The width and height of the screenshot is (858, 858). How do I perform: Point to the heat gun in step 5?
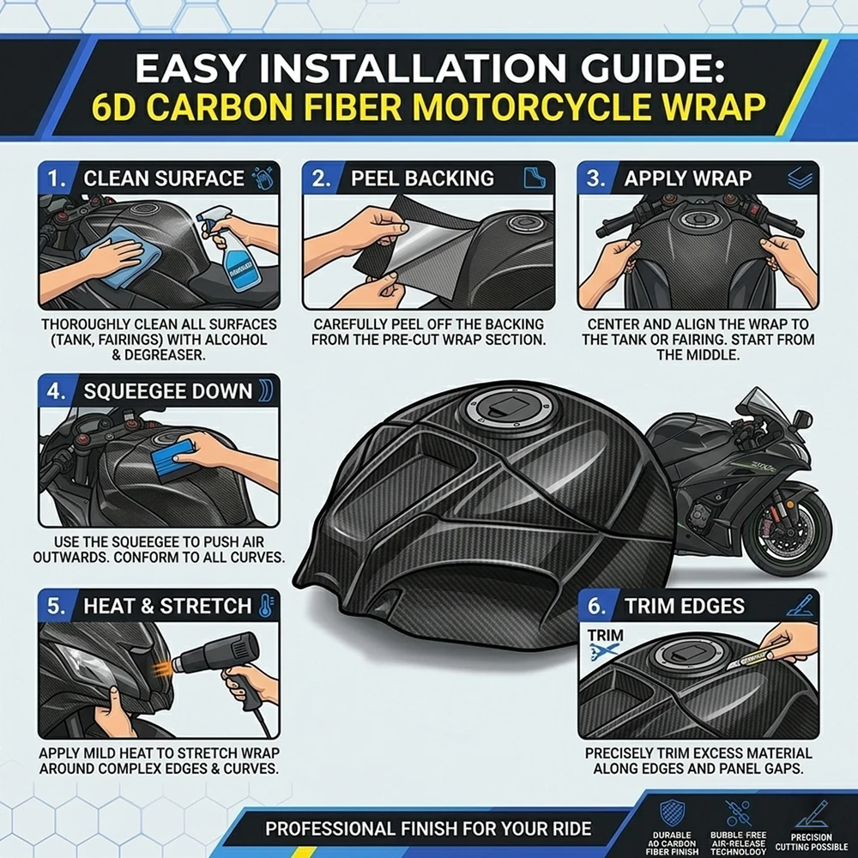[224, 668]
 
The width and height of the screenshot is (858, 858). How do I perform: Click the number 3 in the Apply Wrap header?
[593, 179]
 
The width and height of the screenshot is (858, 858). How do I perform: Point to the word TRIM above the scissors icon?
[605, 635]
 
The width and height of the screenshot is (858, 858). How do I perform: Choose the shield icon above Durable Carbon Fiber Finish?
[672, 812]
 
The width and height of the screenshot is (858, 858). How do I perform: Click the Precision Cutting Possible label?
[812, 843]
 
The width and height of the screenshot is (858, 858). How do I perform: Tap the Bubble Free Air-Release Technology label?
[738, 843]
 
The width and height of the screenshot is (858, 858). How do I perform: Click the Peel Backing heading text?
[422, 178]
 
